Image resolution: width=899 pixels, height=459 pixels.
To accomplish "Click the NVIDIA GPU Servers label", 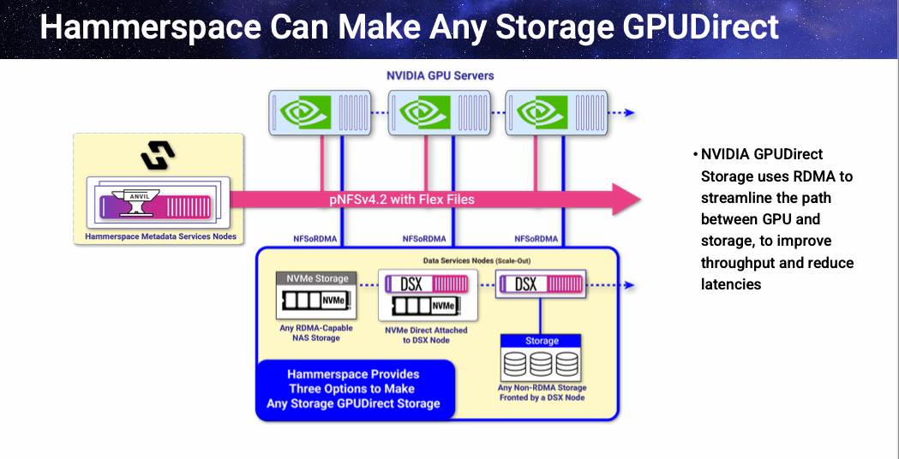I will coord(440,75).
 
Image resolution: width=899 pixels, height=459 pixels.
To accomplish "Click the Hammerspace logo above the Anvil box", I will coord(158,155).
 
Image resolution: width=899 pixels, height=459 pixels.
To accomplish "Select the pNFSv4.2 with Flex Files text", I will coord(401,200).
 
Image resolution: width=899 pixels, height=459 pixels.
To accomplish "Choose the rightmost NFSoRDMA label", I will coord(536,239).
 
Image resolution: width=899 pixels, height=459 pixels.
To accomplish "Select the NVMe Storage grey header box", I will coord(314,278).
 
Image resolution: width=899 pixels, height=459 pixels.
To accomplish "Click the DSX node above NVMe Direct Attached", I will coord(425,283).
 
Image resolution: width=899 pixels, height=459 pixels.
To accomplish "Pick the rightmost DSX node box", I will coord(540,283).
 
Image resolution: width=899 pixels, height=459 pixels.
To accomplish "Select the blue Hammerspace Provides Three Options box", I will coord(353,389).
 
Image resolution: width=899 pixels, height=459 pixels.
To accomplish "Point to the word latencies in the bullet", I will coord(731,283).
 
